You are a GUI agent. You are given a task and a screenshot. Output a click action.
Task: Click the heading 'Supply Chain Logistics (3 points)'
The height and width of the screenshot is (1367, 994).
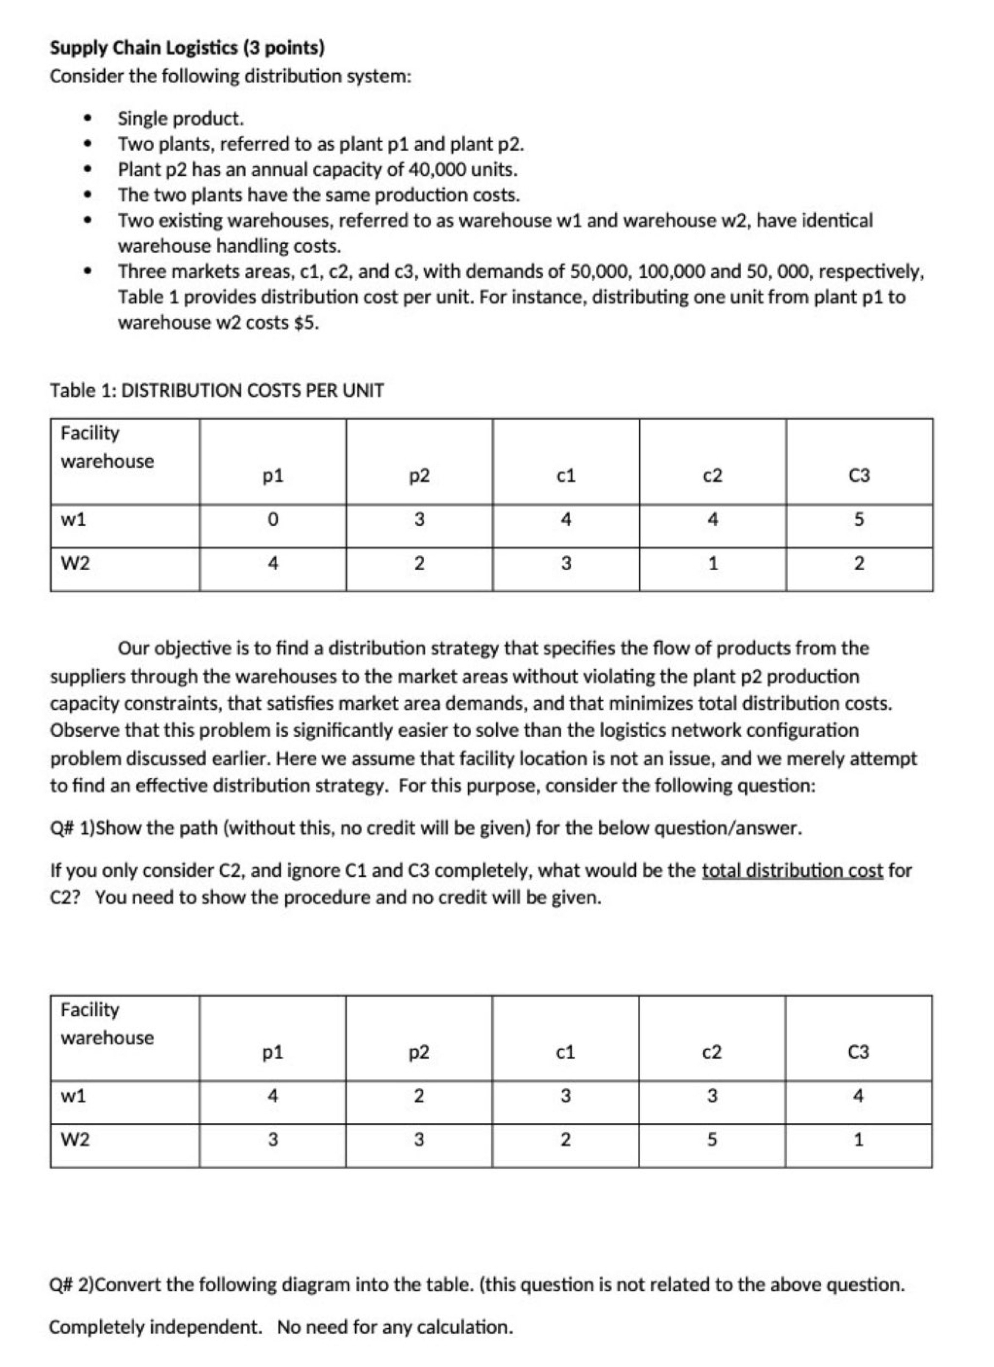pos(187,48)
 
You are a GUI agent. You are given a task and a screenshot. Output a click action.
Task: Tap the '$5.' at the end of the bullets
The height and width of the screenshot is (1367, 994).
pos(306,323)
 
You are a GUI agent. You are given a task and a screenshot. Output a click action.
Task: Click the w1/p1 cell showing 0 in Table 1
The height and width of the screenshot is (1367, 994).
pos(273,520)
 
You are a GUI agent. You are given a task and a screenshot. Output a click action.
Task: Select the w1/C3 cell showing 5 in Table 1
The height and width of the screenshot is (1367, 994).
pos(859,520)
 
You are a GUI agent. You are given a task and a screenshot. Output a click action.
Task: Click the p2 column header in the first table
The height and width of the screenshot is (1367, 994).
pos(419,476)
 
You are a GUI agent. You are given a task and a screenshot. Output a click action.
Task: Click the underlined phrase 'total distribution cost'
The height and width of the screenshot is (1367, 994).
pos(792,870)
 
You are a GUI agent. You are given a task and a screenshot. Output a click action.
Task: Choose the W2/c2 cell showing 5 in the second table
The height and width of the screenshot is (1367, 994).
pos(712,1140)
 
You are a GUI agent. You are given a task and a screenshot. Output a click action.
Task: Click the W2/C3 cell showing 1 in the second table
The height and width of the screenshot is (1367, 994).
pos(859,1140)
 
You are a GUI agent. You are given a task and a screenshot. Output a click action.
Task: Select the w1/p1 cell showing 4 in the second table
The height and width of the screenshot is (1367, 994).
pos(273,1096)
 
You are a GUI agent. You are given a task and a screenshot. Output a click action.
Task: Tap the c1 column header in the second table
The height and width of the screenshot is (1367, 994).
pos(566,1053)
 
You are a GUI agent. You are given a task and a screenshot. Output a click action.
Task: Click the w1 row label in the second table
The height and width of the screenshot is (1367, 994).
pos(74,1096)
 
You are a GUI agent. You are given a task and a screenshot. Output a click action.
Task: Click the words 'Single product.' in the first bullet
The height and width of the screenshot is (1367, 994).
pos(181,119)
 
